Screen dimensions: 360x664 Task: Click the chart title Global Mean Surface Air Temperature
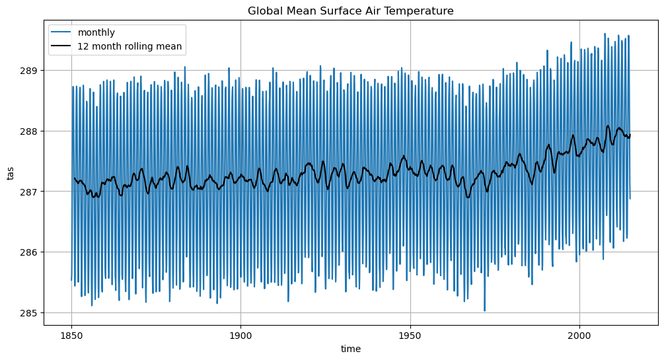tap(350, 11)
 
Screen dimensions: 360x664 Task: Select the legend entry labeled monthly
tap(96, 32)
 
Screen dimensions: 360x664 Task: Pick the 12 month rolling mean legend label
tap(129, 46)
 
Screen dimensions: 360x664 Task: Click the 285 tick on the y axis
tap(31, 312)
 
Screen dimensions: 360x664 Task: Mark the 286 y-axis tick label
tap(31, 252)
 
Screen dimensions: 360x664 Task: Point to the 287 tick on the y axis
tap(31, 192)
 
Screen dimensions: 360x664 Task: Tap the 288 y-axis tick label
tap(31, 131)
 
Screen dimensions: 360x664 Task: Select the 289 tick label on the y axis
tap(31, 71)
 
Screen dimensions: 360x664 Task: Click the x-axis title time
tap(350, 348)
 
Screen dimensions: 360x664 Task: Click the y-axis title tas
tap(11, 174)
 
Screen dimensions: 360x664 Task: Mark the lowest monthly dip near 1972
tap(484, 310)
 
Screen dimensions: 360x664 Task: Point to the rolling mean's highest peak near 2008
tap(608, 126)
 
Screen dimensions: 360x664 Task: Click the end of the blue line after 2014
tap(630, 198)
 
